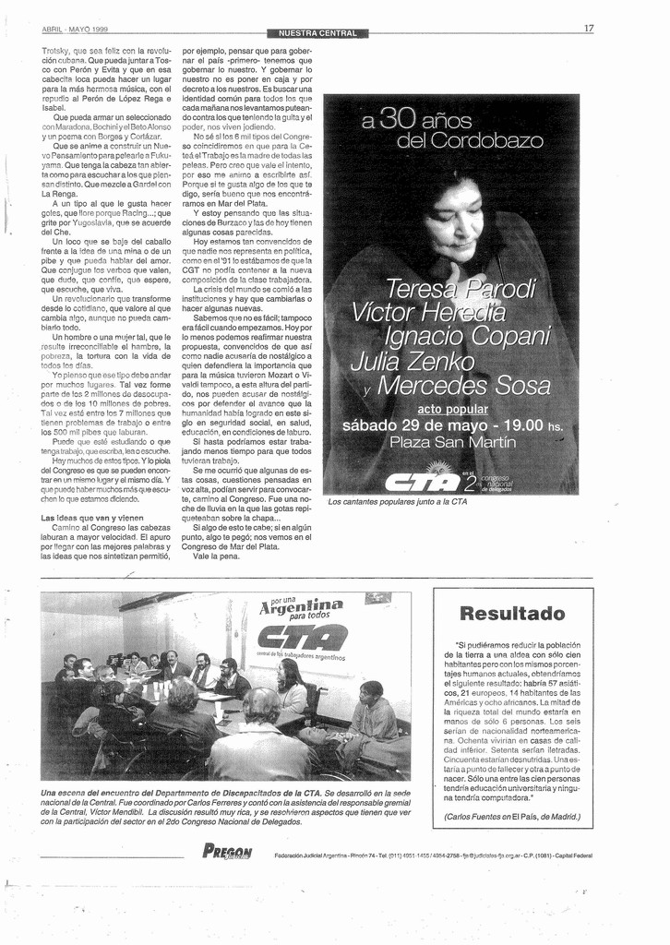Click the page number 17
[588, 29]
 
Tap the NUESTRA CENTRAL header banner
[317, 34]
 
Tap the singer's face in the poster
[454, 221]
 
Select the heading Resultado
[512, 614]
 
